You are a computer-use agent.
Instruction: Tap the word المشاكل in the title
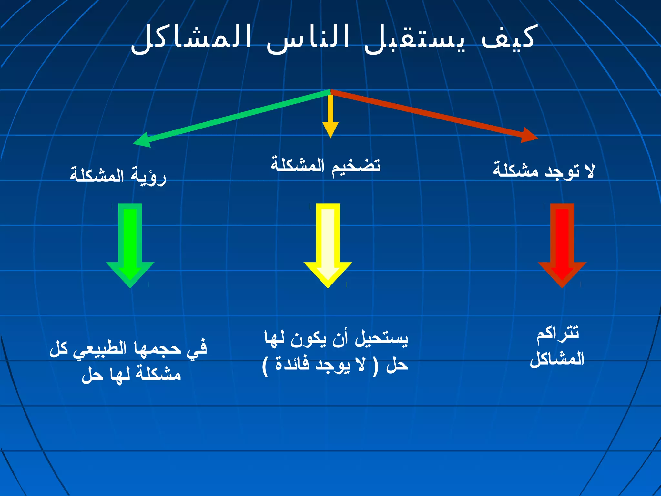pos(190,39)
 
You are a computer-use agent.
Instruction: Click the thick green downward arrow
pos(130,245)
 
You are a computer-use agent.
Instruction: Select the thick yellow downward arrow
pos(328,245)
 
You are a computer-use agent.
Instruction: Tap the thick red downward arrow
pos(562,245)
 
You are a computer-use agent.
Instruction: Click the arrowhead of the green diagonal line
pos(142,140)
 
